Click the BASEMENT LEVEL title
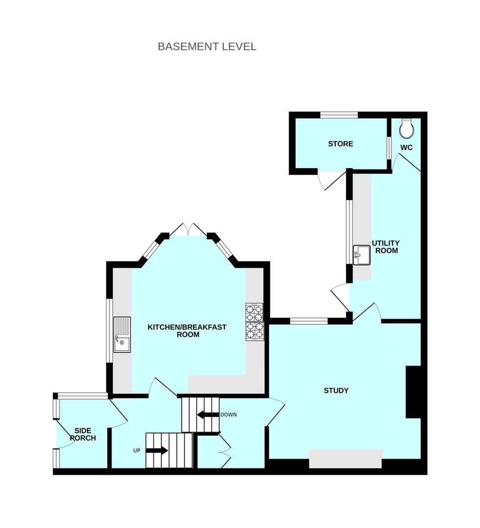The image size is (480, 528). (207, 46)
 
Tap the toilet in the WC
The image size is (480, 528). (407, 129)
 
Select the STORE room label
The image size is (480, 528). (341, 144)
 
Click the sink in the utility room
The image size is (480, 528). (362, 255)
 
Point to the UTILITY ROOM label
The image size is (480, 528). (386, 247)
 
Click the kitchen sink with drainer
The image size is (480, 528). (122, 334)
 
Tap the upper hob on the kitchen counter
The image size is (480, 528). (254, 311)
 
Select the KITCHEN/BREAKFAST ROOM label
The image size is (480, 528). (187, 331)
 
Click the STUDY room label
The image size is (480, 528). (336, 390)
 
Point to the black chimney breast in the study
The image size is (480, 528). (413, 392)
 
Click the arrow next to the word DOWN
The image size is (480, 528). (207, 415)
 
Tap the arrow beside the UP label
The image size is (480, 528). (156, 450)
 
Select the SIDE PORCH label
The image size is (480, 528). (83, 434)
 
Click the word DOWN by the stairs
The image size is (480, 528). (228, 415)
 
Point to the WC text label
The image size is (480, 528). (407, 147)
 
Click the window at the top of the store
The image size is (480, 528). (339, 115)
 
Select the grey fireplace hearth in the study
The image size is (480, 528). (345, 459)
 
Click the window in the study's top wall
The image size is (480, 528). (308, 321)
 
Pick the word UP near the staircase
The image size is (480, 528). (137, 450)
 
